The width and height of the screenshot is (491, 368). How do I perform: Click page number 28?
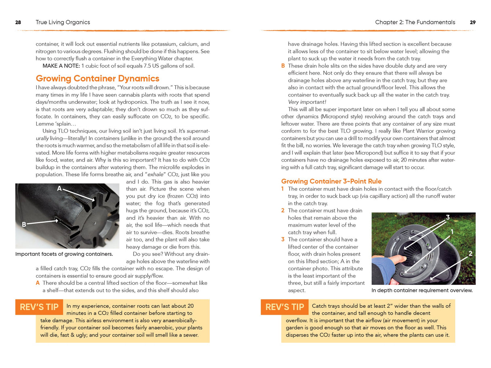[18, 23]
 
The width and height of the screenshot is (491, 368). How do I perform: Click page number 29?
[472, 23]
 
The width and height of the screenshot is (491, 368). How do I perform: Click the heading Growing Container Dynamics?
[97, 78]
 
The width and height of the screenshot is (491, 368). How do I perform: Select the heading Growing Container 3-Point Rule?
[331, 181]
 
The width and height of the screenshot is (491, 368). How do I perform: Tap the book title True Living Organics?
[63, 23]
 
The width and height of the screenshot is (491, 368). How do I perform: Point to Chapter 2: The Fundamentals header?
[415, 23]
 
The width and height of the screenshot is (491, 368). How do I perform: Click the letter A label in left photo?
[59, 188]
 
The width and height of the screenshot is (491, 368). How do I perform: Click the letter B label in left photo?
[24, 224]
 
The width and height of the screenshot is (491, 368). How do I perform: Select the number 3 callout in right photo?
[448, 218]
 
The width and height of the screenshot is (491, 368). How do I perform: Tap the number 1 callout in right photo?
[452, 232]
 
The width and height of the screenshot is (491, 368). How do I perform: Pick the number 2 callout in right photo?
[470, 254]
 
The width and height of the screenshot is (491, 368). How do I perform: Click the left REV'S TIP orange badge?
[39, 307]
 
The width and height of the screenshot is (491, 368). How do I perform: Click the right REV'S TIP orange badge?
[284, 307]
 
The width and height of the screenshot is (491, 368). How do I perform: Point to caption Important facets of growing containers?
[64, 254]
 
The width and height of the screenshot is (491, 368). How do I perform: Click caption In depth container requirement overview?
[422, 290]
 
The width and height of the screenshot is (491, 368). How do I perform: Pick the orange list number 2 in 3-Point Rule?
[283, 210]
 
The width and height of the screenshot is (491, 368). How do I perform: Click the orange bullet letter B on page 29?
[283, 66]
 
